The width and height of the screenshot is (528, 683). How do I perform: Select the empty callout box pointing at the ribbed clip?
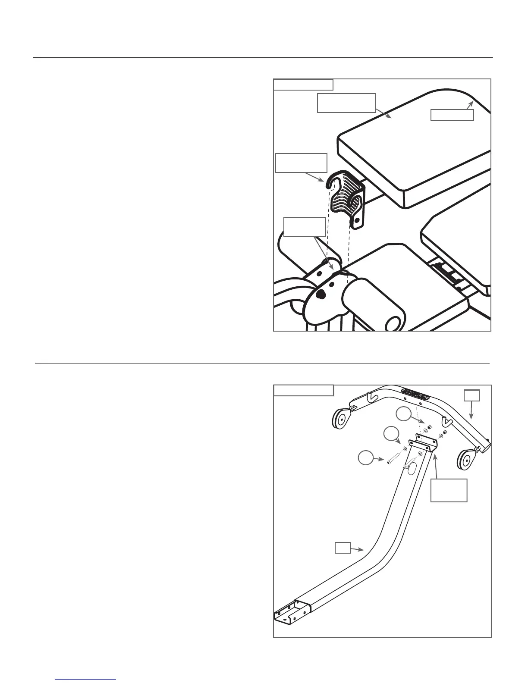pos(301,163)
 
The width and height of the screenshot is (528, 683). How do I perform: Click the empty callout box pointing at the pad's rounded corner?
pos(453,115)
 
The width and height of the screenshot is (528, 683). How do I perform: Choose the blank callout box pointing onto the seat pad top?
pos(346,103)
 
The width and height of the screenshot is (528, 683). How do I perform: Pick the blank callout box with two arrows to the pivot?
pos(305,227)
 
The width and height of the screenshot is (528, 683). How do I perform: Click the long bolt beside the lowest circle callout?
pos(394,460)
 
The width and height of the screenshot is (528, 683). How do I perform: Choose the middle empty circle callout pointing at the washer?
pos(391,434)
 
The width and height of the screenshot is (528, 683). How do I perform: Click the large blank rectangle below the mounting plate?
pos(449,490)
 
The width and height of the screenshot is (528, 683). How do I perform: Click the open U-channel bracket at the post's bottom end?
pos(292,611)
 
